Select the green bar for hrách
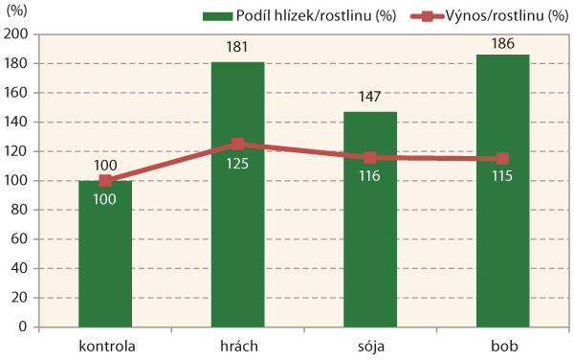point(238,239)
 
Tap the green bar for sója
point(370,249)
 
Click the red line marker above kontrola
point(105,181)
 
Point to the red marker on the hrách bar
point(238,145)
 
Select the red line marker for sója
point(370,158)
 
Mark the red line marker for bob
point(502,159)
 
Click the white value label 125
point(238,165)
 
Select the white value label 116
point(370,178)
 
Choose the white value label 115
point(502,179)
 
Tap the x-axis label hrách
point(238,344)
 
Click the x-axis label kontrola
point(105,344)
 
